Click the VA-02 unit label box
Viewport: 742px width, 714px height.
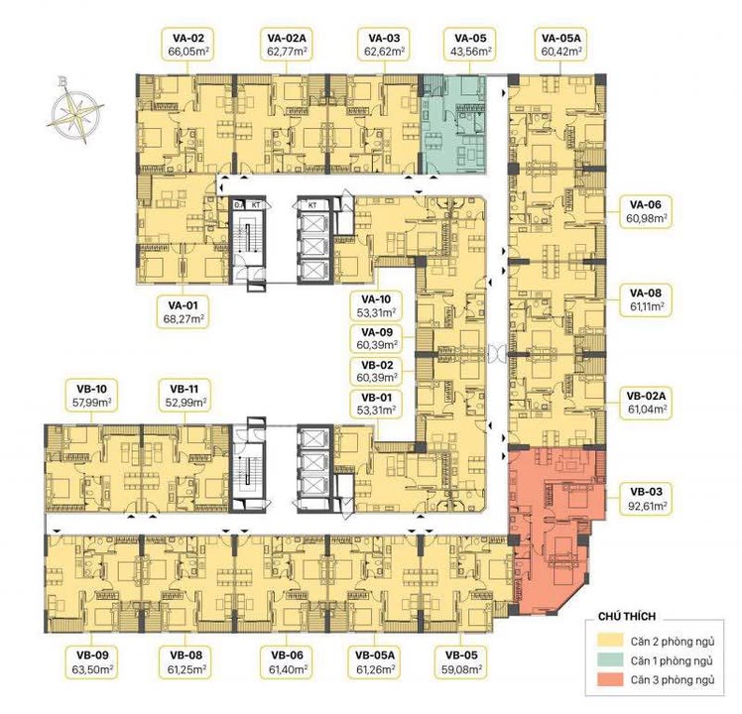tap(186, 47)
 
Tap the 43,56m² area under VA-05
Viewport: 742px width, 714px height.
tap(469, 54)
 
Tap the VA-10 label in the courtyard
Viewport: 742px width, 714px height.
tap(378, 307)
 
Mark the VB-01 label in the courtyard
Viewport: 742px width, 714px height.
tap(378, 403)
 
